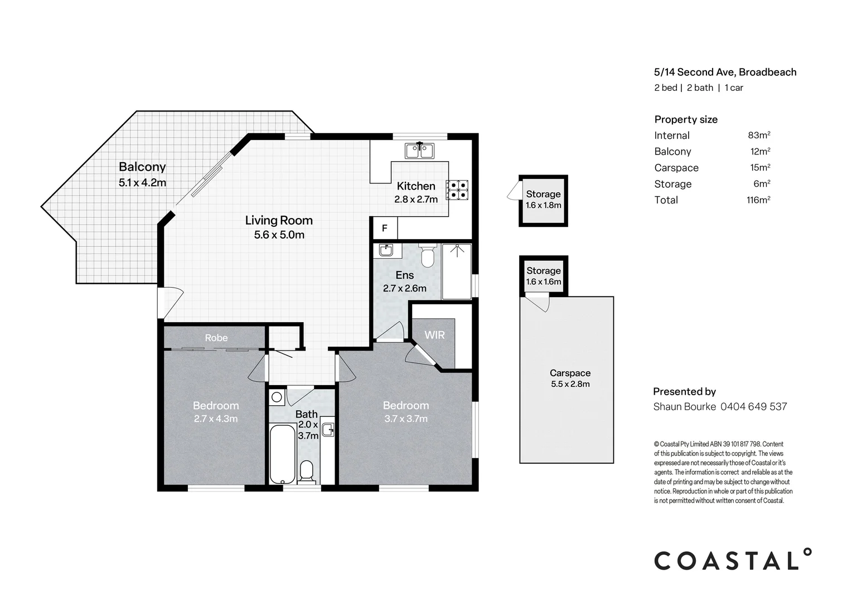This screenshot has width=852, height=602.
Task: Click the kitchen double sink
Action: coord(419,150)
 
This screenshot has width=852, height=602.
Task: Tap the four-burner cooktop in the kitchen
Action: coord(457,190)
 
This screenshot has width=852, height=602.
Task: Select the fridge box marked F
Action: coord(385,228)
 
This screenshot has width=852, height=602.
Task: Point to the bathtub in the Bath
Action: coord(283,454)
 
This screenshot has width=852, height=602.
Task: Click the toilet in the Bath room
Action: coord(307,472)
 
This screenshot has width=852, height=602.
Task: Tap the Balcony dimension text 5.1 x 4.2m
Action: coord(142,182)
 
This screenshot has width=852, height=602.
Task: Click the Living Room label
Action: coord(279,220)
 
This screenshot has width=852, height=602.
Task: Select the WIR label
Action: coord(434,335)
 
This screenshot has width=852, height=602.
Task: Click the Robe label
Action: coord(216,338)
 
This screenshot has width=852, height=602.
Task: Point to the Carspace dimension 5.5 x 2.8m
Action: coord(570,384)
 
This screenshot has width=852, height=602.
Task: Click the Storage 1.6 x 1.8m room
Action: coord(543,201)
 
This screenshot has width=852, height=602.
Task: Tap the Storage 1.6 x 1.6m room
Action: coord(544,276)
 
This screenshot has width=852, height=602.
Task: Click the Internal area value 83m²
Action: coord(759,135)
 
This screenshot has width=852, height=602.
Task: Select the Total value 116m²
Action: coord(758,200)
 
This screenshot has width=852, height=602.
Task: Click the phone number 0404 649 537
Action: coord(753,406)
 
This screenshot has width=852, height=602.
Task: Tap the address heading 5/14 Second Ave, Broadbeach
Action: coord(725,72)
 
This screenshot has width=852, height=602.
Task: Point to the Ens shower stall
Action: coord(457,271)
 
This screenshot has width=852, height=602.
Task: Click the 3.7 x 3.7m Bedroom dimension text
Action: coord(406,419)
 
